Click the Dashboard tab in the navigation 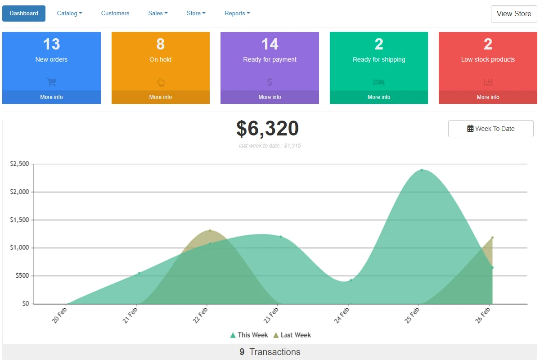[23, 13]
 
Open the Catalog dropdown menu [69, 13]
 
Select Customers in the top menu [115, 13]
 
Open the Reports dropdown [237, 13]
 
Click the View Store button [514, 14]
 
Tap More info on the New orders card [51, 97]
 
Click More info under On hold [161, 97]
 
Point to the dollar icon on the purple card [270, 82]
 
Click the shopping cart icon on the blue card [51, 82]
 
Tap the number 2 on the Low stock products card [488, 44]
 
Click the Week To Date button [491, 129]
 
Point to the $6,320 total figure [268, 129]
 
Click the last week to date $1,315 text [270, 146]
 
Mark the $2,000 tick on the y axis [19, 192]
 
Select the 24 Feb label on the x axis [342, 315]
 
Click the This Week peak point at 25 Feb [422, 170]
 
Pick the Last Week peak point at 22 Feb [210, 230]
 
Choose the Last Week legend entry [292, 335]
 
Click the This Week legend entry [249, 335]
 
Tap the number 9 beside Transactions [242, 352]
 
